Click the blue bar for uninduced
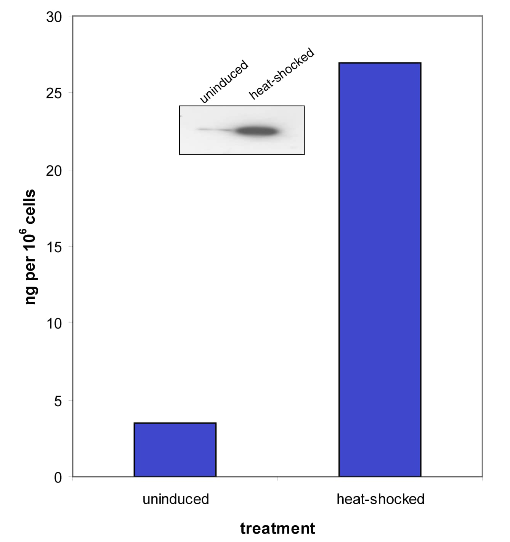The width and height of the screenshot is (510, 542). (175, 450)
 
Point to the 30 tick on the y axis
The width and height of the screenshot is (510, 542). (54, 17)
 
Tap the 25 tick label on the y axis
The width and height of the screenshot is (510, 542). (54, 93)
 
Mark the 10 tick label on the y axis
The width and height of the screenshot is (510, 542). (54, 324)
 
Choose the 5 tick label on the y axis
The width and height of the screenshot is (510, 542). (58, 401)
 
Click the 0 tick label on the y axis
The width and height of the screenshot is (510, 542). (58, 477)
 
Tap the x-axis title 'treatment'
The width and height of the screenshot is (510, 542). (277, 529)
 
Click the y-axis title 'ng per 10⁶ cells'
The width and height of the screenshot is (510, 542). (30, 247)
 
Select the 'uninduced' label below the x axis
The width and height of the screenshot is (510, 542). (176, 499)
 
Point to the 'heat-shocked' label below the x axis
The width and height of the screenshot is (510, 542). (380, 499)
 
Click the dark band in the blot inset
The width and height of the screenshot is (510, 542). (257, 131)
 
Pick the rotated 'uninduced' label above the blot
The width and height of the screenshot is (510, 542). (224, 82)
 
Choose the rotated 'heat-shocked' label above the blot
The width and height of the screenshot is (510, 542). (282, 74)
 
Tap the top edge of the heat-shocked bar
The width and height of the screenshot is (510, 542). (380, 63)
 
